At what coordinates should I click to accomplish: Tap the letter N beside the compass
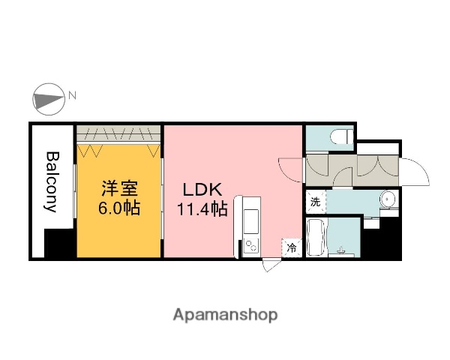pos(73,95)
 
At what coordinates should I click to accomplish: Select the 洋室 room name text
pos(120,187)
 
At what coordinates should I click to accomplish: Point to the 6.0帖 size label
pos(120,207)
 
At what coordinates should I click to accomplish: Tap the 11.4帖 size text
pos(202,209)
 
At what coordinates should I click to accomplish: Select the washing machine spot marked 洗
pos(315,201)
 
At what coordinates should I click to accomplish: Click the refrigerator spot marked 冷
pos(290,247)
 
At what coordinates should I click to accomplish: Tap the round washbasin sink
pos(387,200)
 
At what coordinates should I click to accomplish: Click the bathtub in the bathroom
pos(316,238)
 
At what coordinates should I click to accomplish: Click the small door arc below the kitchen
pos(271,263)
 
